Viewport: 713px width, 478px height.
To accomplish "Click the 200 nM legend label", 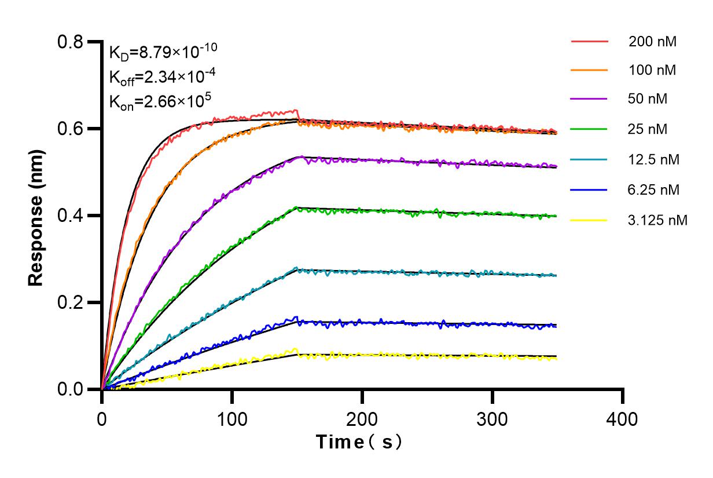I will pos(653,42).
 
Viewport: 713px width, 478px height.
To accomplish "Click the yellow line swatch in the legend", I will pos(590,220).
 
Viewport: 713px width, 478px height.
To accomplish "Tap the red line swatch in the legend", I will pos(590,42).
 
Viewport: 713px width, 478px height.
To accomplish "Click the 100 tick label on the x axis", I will pos(232,417).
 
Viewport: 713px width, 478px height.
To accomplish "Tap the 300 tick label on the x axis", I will pos(493,417).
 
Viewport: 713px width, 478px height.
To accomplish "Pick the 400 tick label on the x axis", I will pos(623,417).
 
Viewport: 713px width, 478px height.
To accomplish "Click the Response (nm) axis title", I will pos(36,216).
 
